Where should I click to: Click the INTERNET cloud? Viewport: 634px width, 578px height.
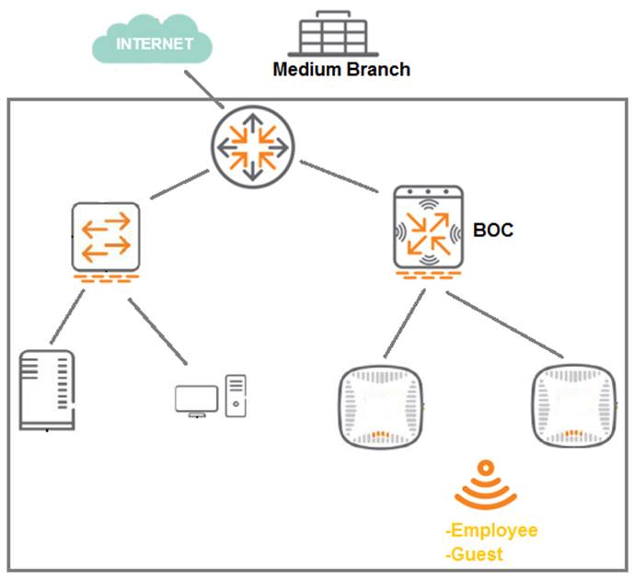click(153, 42)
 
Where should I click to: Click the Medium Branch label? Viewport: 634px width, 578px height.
click(340, 69)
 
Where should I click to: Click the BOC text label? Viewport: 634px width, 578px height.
click(495, 229)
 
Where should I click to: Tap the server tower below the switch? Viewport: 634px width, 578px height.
click(46, 390)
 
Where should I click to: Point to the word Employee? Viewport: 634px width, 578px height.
click(493, 530)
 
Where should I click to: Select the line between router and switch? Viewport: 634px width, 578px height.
click(177, 186)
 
